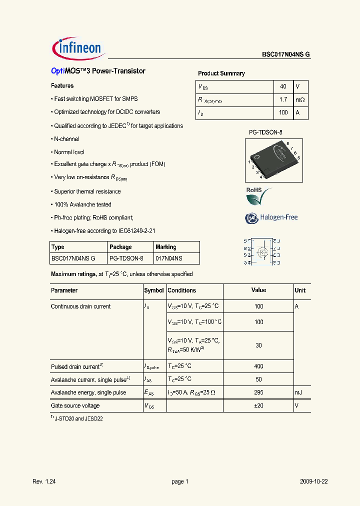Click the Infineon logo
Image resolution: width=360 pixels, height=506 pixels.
point(77,48)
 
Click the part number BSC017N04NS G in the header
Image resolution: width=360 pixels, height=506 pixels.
point(286,55)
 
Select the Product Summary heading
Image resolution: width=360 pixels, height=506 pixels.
point(221,73)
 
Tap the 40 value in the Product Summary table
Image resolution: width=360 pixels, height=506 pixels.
point(283,86)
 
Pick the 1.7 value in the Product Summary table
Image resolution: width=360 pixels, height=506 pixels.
point(283,99)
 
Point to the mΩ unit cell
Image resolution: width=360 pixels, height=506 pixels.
point(300,99)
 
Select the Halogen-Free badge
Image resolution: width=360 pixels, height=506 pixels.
point(271,217)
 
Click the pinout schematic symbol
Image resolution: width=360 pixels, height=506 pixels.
point(261,251)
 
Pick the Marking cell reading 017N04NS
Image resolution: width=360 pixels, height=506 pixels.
point(168,258)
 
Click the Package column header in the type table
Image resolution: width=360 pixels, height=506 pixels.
point(120,247)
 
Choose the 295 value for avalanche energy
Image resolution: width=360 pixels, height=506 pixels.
point(258,392)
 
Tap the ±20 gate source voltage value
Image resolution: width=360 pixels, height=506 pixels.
point(258,405)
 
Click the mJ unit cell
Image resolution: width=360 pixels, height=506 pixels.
point(299,392)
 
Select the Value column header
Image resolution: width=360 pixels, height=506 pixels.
point(258,290)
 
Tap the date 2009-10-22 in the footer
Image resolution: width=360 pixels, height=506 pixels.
point(313,481)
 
